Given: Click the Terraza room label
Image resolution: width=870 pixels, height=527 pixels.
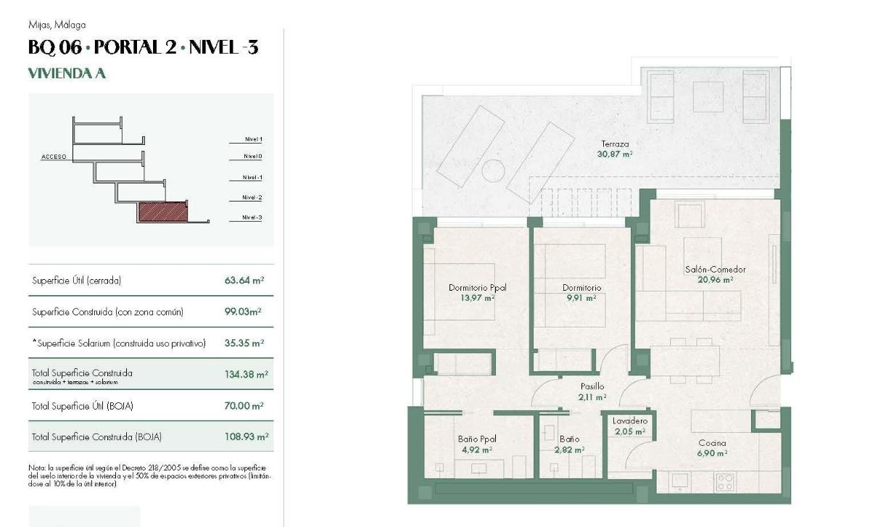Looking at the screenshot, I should point(615,144).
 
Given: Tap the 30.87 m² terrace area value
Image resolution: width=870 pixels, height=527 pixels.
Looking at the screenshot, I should point(615,154).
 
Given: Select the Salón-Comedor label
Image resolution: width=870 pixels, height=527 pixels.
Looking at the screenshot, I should point(715,270).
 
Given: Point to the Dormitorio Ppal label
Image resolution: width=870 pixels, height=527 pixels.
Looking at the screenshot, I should point(477,288).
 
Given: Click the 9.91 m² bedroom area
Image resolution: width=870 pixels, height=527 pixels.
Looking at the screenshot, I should point(581,298).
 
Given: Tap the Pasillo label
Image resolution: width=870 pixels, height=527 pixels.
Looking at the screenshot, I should point(592,387).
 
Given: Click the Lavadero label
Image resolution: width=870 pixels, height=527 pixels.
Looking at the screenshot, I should point(629,421).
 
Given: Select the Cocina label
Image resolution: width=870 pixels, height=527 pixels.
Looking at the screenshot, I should point(712,443).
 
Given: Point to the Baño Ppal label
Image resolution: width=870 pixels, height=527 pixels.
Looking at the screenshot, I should point(476,439).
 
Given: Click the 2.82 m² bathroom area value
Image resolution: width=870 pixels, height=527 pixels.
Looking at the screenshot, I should point(569,449).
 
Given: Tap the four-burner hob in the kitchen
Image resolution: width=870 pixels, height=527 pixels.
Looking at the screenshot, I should point(724,481).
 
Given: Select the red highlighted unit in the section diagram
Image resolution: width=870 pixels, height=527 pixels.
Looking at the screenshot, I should point(163,212).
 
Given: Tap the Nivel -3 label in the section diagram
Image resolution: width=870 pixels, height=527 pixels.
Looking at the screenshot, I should point(253,218).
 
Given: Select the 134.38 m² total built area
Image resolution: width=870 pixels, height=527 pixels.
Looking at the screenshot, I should point(246,375).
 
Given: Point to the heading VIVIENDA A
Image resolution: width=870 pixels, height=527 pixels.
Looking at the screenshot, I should point(67,73).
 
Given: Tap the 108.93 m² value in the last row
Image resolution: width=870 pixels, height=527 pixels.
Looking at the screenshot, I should point(246,437).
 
